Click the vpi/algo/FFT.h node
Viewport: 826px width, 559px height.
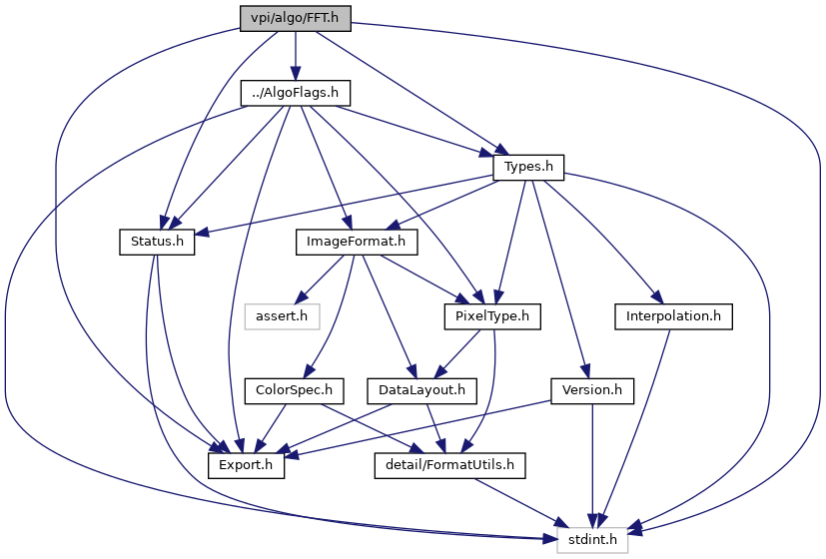[x=295, y=18]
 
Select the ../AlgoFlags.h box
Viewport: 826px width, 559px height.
[x=295, y=93]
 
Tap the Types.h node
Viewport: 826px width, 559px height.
[x=528, y=168]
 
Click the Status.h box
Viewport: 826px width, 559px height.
[x=157, y=243]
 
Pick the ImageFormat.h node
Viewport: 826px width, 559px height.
[x=357, y=243]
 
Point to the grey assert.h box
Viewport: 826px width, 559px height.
[x=282, y=316]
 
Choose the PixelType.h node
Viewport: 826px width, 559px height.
[x=492, y=316]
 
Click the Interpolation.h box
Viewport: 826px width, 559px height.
[x=673, y=316]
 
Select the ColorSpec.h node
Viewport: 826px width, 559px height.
[x=294, y=391]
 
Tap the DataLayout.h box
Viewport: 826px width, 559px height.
[x=421, y=391]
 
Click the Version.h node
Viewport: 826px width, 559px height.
[x=592, y=391]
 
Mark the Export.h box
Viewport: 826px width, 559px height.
[x=246, y=466]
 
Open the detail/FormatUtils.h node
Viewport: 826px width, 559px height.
[x=449, y=466]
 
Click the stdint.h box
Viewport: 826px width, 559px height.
[x=592, y=540]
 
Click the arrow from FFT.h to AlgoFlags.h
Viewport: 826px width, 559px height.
[x=295, y=56]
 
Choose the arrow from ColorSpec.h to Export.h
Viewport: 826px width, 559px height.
[x=270, y=428]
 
